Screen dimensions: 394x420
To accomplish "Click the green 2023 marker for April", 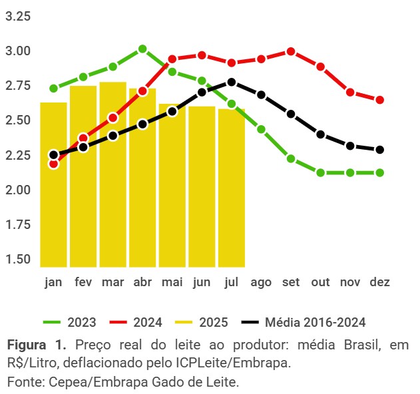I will (x=142, y=49).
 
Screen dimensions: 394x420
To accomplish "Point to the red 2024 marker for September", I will (x=291, y=51).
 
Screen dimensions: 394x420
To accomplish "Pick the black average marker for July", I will (x=231, y=82).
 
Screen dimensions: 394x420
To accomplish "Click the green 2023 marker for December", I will (x=379, y=172).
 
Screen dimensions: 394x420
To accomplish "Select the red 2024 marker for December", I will (x=379, y=100).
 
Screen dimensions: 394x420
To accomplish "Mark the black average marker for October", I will (x=320, y=134).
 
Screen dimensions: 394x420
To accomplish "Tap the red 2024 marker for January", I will (x=53, y=164).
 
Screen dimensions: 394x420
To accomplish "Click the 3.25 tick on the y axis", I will (x=18, y=16).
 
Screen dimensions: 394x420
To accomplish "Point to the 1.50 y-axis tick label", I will (x=18, y=259).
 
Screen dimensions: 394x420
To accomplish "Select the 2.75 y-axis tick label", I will (x=18, y=85).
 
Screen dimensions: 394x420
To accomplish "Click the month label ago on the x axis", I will (x=262, y=282).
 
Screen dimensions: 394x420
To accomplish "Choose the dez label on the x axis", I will (x=380, y=282).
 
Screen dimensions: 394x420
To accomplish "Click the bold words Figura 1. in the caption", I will (x=37, y=346).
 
